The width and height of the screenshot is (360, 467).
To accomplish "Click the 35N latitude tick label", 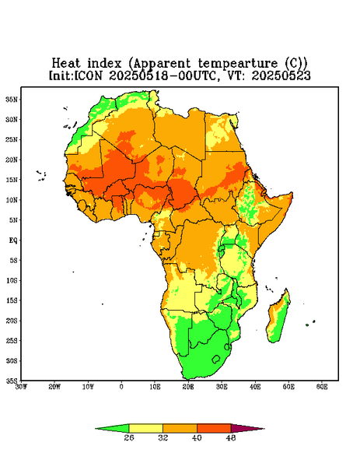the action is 12,100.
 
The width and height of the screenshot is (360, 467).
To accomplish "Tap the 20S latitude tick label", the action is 12,321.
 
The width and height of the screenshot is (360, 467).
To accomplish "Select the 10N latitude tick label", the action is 12,200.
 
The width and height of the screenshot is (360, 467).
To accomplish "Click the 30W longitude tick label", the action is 22,387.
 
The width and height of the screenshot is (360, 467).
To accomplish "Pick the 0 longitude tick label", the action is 121,387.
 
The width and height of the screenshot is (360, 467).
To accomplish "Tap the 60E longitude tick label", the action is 322,387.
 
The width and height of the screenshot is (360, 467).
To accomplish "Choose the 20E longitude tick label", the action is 188,387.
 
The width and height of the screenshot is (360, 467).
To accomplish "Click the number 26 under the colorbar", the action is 129,437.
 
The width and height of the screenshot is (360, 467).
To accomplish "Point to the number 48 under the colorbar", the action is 231,437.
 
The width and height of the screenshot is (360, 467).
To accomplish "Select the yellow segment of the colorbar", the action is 145,428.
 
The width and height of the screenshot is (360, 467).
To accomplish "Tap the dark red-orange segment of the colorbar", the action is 214,428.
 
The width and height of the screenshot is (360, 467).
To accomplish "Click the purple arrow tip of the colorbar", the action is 264,429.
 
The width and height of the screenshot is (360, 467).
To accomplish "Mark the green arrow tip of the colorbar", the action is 96,429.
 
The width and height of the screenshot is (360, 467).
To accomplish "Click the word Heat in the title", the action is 66,64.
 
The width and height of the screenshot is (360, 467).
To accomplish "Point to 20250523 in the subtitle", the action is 281,75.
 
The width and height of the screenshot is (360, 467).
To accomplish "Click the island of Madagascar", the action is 278,318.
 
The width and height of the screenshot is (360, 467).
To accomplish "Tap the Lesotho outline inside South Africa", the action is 216,359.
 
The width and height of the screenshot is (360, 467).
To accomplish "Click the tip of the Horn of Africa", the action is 292,193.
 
